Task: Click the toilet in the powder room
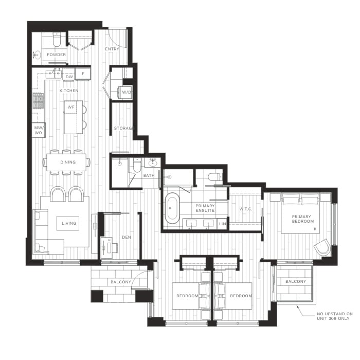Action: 57,39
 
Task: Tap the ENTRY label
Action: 112,49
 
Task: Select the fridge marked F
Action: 83,74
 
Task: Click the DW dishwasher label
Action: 69,77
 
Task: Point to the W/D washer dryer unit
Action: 124,92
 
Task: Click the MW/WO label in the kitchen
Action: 39,130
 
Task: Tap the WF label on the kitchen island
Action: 71,107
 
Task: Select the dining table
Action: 66,162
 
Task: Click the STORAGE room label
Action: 123,128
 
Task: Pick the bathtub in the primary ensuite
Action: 172,208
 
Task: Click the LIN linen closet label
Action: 222,224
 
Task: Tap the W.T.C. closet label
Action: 246,209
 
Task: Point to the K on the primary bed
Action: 315,229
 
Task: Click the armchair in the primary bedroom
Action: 322,247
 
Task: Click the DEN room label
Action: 127,237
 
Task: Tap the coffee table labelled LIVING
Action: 68,223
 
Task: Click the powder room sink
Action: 37,55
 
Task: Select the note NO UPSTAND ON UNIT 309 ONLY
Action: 335,316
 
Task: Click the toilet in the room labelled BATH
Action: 137,165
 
